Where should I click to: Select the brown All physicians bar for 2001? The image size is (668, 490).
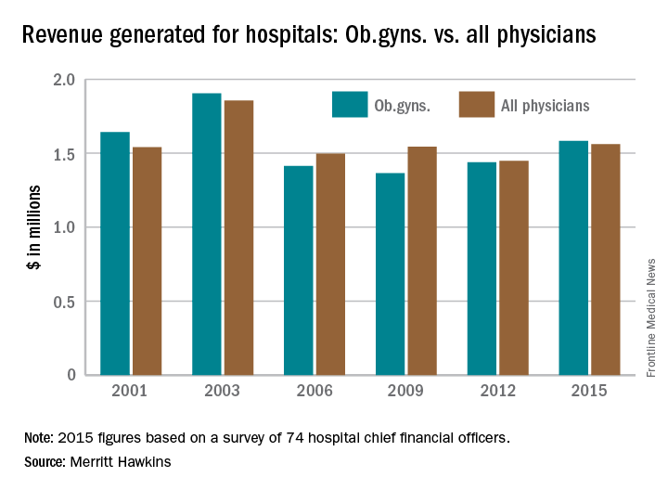tap(147, 261)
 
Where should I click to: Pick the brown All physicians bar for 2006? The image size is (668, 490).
tap(329, 264)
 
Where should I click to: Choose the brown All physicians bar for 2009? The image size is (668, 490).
tap(421, 261)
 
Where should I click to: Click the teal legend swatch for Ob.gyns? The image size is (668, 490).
tap(350, 105)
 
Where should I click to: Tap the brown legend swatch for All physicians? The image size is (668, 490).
tap(476, 105)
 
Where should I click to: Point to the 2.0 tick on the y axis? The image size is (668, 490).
tap(63, 80)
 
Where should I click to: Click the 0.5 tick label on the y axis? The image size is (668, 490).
tap(63, 302)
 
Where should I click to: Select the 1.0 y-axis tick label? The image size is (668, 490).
tap(63, 227)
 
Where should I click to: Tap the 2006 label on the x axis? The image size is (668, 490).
tap(315, 391)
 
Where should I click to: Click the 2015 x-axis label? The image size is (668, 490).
tap(589, 391)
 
